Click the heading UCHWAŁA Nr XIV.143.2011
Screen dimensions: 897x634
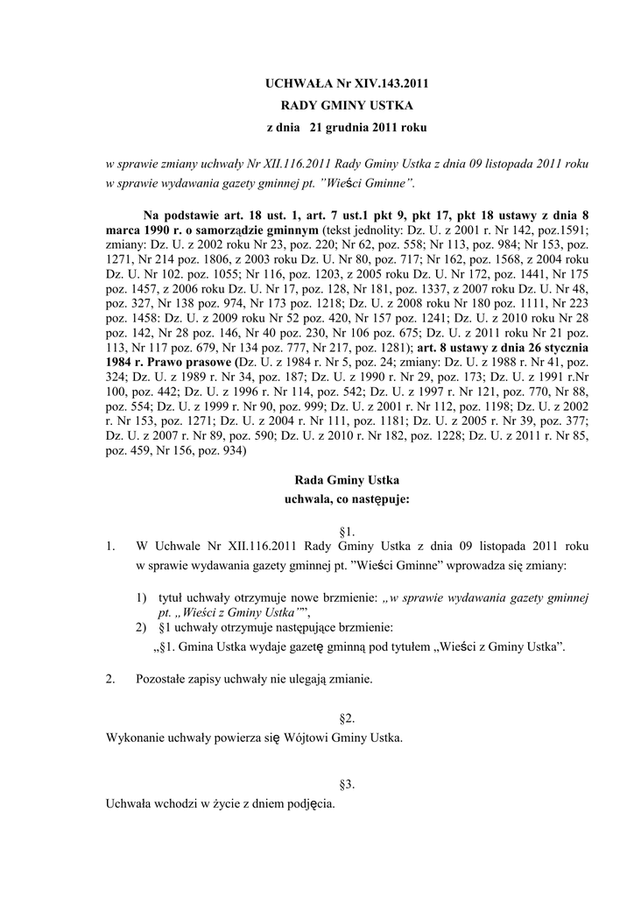pyautogui.click(x=347, y=84)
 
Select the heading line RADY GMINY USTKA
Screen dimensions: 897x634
pyautogui.click(x=347, y=106)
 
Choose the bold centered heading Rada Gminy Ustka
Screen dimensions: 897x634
pyautogui.click(x=347, y=480)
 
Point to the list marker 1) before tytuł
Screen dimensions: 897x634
pyautogui.click(x=142, y=597)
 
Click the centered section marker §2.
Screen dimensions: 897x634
pyautogui.click(x=347, y=718)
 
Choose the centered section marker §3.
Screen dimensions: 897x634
pyautogui.click(x=347, y=783)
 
